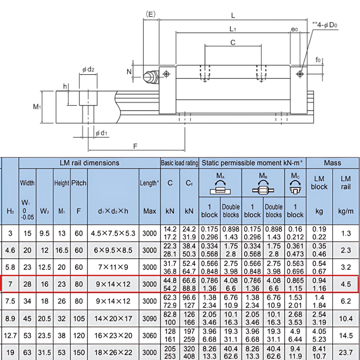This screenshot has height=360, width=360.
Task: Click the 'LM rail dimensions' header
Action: click(89, 163)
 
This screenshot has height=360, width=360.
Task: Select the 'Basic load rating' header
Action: click(179, 163)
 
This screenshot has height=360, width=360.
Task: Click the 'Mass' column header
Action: click(332, 163)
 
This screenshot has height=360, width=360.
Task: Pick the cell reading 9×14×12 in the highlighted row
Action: click(113, 284)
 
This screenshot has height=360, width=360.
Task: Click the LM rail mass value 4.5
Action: click(346, 284)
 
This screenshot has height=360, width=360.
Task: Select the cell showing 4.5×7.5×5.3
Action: click(113, 233)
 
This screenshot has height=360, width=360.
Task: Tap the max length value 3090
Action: click(149, 319)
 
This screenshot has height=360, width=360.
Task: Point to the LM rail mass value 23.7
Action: click(346, 353)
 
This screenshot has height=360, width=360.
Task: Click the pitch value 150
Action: click(78, 353)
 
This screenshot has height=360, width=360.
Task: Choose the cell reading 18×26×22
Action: click(113, 353)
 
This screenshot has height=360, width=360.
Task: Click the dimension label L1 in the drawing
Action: click(233, 28)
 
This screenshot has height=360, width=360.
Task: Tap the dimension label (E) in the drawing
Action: click(150, 14)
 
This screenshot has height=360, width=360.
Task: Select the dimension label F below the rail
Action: click(135, 146)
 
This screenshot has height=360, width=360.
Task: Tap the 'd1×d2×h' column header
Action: click(113, 211)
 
